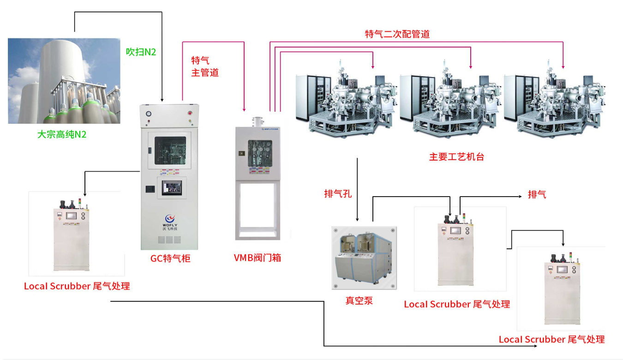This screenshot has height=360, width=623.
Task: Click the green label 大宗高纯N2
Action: click(62, 135)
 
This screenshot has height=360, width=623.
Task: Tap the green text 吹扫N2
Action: click(141, 52)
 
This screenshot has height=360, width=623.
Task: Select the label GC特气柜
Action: click(170, 258)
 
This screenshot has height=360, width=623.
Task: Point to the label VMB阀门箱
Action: click(258, 258)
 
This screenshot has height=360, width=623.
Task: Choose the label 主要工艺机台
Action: click(456, 157)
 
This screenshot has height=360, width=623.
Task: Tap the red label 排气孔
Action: click(338, 194)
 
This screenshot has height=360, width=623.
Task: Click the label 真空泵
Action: click(359, 301)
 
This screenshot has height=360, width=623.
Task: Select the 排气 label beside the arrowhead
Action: click(537, 194)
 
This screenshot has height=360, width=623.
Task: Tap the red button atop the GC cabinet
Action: click(190, 113)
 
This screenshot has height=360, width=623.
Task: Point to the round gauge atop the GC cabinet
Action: click(148, 113)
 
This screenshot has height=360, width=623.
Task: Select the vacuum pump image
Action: click(364, 258)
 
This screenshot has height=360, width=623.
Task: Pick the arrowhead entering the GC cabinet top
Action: click(162, 99)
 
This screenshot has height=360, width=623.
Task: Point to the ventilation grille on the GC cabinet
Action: click(170, 240)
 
